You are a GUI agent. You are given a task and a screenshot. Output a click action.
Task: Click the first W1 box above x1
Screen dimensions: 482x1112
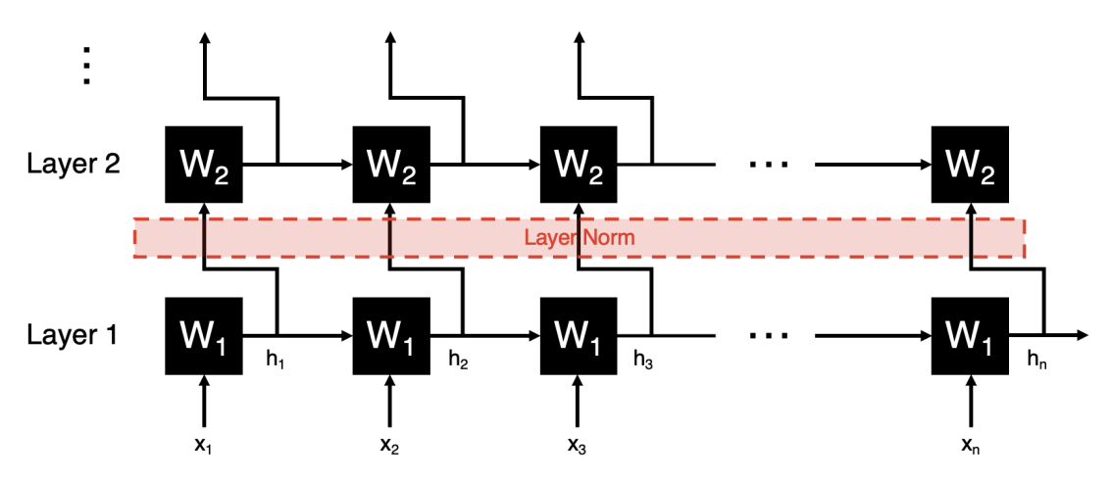(204, 336)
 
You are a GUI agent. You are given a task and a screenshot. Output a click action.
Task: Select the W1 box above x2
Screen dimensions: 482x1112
(391, 336)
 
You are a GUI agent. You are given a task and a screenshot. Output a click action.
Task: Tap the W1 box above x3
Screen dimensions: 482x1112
(579, 336)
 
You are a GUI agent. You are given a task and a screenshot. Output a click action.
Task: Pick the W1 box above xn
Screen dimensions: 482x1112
(969, 336)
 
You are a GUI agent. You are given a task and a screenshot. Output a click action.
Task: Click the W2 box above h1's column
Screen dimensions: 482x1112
(204, 164)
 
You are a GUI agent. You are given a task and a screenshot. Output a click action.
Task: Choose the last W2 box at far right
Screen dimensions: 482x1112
(969, 164)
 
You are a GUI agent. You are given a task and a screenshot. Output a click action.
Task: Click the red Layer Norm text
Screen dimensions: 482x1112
(579, 238)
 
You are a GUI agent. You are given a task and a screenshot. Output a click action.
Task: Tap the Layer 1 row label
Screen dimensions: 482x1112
(73, 336)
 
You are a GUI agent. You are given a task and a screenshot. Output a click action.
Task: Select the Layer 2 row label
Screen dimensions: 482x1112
(73, 164)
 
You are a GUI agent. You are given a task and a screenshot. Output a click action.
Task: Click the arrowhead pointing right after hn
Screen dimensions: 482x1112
(1081, 336)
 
